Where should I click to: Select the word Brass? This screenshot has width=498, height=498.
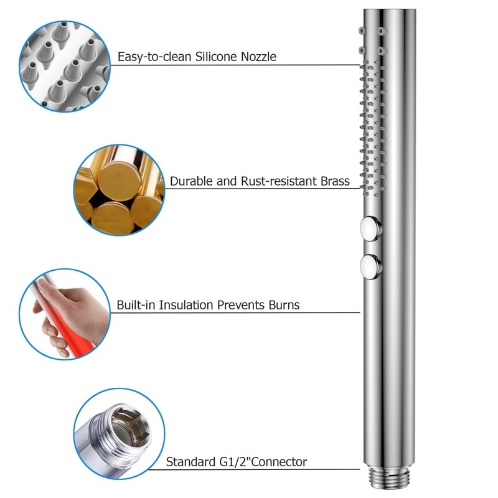(x=333, y=182)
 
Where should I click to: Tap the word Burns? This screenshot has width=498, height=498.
(x=283, y=305)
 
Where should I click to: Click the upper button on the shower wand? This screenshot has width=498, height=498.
(x=372, y=228)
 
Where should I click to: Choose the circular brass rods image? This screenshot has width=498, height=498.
(x=119, y=190)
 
